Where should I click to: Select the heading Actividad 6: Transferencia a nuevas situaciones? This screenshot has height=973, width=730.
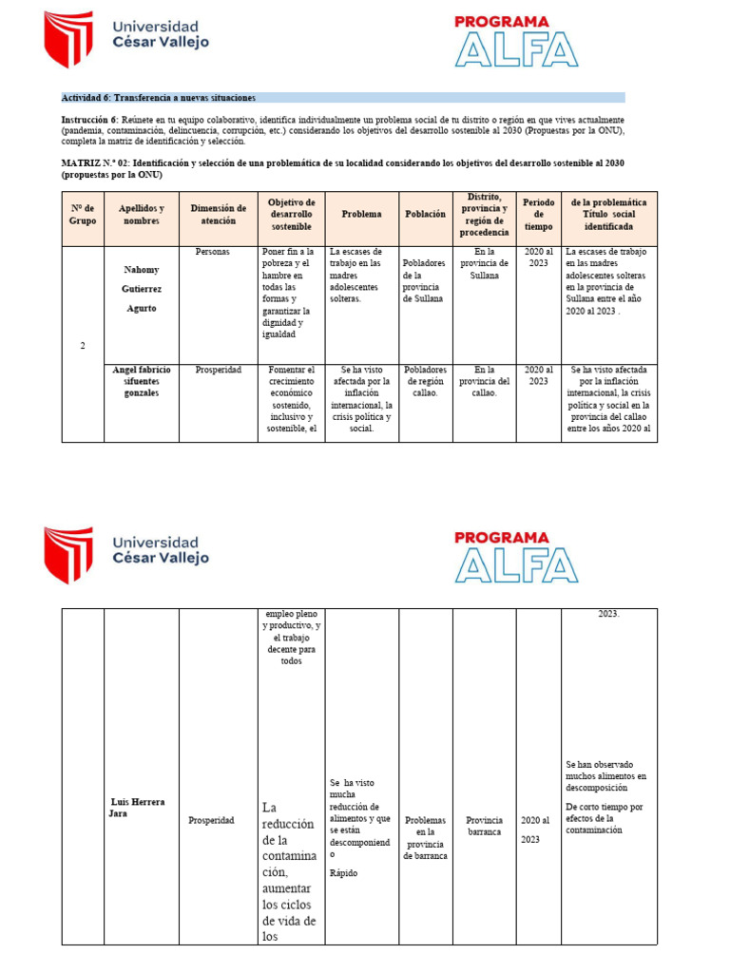click(x=158, y=98)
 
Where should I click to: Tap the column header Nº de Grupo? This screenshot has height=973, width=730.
click(x=83, y=214)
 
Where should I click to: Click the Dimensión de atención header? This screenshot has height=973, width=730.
click(x=218, y=214)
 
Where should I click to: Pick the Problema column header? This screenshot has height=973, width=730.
click(x=361, y=214)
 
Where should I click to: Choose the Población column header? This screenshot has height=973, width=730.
click(x=425, y=214)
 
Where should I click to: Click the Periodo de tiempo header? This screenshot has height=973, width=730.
click(x=538, y=214)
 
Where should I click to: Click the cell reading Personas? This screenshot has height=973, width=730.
click(x=212, y=252)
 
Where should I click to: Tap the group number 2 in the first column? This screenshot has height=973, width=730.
click(x=83, y=345)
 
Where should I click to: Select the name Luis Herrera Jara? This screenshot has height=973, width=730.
click(x=138, y=808)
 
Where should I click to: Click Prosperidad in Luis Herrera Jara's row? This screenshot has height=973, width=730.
click(x=211, y=820)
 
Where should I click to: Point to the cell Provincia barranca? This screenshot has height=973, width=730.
click(x=485, y=826)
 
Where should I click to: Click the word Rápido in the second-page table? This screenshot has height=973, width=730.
click(x=343, y=872)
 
